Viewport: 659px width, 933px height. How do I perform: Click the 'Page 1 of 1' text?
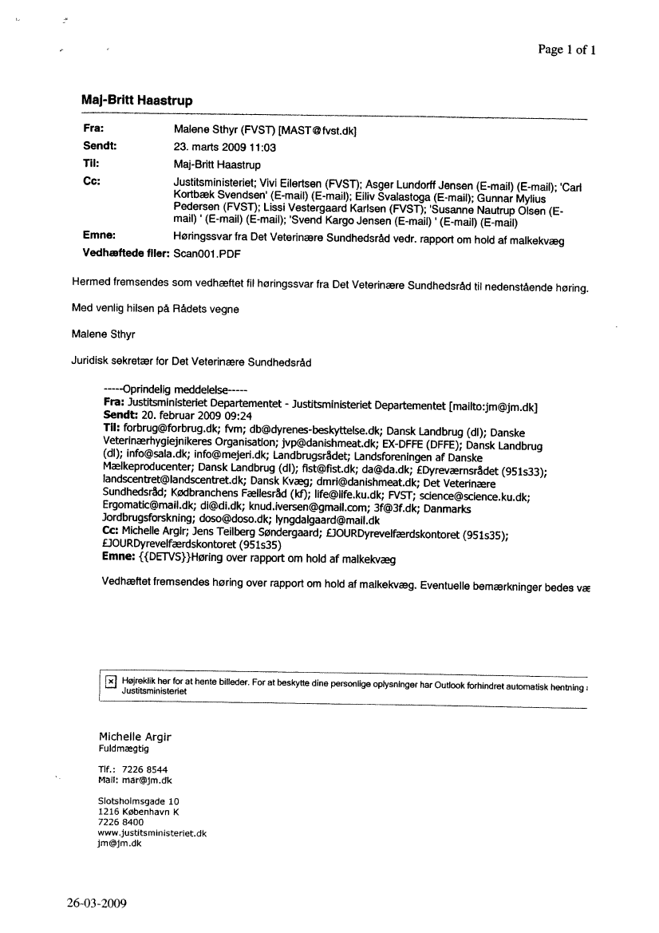[x=567, y=49]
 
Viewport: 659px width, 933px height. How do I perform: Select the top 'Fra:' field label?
[x=94, y=128]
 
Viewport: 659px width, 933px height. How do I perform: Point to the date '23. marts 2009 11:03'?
[x=224, y=147]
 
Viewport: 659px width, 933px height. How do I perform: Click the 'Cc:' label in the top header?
[x=91, y=181]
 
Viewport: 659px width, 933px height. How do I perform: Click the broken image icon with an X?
[x=110, y=681]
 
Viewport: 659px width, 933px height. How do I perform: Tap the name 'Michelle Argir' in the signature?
[x=134, y=736]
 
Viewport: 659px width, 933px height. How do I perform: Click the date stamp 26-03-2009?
[x=97, y=904]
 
